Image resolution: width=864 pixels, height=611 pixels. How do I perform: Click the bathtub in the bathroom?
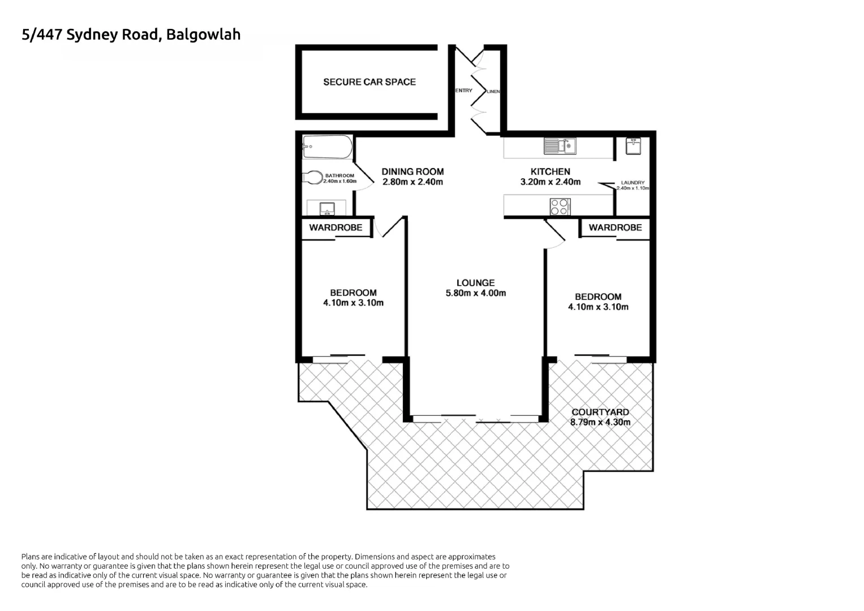[327, 147]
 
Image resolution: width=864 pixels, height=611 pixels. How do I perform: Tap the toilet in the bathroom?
[312, 178]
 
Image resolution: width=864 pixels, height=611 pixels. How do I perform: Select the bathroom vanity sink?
[326, 208]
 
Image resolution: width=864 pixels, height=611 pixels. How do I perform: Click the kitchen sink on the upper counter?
[560, 146]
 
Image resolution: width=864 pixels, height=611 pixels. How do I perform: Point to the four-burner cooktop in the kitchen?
[560, 206]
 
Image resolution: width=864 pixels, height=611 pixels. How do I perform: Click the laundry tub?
[633, 145]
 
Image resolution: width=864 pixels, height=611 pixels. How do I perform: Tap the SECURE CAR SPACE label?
[369, 82]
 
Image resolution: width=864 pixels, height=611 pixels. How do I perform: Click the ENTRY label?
[463, 91]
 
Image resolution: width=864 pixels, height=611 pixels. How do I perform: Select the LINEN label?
[493, 91]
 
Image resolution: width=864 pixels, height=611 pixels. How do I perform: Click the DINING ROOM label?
[412, 171]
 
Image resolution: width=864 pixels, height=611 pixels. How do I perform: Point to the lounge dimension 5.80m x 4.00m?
[475, 293]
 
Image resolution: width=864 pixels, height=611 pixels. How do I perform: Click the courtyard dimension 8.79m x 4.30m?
[600, 422]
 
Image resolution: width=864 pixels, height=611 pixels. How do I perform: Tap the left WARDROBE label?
[336, 227]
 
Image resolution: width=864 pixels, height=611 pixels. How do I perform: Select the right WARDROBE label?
[615, 227]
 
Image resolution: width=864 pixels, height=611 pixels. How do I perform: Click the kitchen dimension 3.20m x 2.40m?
[550, 182]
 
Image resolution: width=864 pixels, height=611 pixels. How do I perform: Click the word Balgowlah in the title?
[203, 35]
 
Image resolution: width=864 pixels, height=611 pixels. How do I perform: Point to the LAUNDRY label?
[633, 183]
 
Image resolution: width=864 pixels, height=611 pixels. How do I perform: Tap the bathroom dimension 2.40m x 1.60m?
[339, 181]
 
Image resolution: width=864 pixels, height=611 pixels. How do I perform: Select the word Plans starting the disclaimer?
[31, 557]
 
